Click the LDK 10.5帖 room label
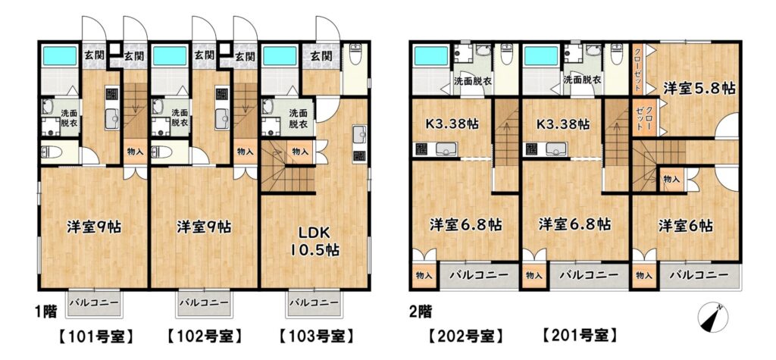[314, 241]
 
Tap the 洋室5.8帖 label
[699, 89]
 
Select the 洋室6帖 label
[685, 226]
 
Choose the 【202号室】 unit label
[465, 337]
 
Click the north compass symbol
[713, 317]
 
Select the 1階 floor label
[45, 311]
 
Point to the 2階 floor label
[420, 311]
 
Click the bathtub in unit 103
[280, 56]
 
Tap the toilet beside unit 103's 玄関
[355, 55]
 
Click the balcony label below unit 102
[204, 302]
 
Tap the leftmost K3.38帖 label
[453, 124]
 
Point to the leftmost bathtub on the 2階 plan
[430, 56]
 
